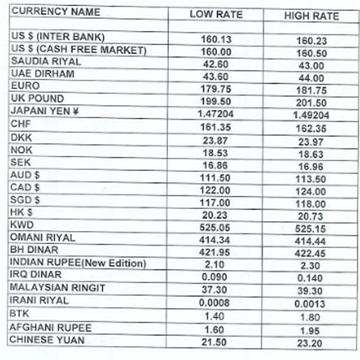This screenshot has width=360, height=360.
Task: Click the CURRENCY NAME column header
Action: (x=56, y=11)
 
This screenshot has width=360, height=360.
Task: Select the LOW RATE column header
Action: (x=215, y=14)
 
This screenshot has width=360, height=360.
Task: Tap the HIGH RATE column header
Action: (x=311, y=16)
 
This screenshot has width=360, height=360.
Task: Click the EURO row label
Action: (x=25, y=86)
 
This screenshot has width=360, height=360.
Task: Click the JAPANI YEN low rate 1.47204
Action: (x=215, y=113)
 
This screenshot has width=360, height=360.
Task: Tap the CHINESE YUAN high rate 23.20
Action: (x=311, y=343)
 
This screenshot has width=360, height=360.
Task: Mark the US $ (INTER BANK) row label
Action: (x=58, y=37)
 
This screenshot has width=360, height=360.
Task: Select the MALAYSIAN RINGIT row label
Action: (x=58, y=288)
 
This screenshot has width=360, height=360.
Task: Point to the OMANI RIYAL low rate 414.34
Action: (x=215, y=240)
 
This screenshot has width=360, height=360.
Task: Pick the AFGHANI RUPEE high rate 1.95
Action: (x=311, y=330)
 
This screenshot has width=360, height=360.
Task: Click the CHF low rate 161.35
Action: (x=215, y=125)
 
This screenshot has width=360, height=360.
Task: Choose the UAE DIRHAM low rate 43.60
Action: (x=215, y=75)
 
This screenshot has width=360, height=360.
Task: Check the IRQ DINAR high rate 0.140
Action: (x=311, y=279)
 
